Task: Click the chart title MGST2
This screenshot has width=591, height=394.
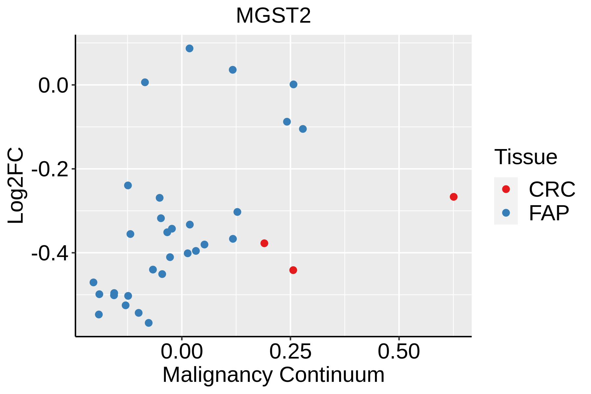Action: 273,16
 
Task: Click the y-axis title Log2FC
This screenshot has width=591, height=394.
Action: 16,186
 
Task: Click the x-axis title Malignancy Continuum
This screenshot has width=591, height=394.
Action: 273,375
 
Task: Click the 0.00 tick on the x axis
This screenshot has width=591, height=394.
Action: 182,352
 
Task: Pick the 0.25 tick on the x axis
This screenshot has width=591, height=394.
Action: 290,352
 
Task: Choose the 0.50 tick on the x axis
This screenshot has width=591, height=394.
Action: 399,352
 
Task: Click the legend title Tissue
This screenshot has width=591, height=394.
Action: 526,157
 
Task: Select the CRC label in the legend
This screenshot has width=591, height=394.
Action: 552,189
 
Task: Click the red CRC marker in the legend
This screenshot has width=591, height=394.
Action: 506,189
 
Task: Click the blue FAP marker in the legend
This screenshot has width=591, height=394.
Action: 506,213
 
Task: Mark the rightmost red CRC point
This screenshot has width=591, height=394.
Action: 453,197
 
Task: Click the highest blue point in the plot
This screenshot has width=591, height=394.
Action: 189,49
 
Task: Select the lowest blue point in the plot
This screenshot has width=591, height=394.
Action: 149,323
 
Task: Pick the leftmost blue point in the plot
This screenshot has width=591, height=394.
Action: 94,282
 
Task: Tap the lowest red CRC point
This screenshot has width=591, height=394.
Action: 293,270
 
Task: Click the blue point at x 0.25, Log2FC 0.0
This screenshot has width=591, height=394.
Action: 294,84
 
